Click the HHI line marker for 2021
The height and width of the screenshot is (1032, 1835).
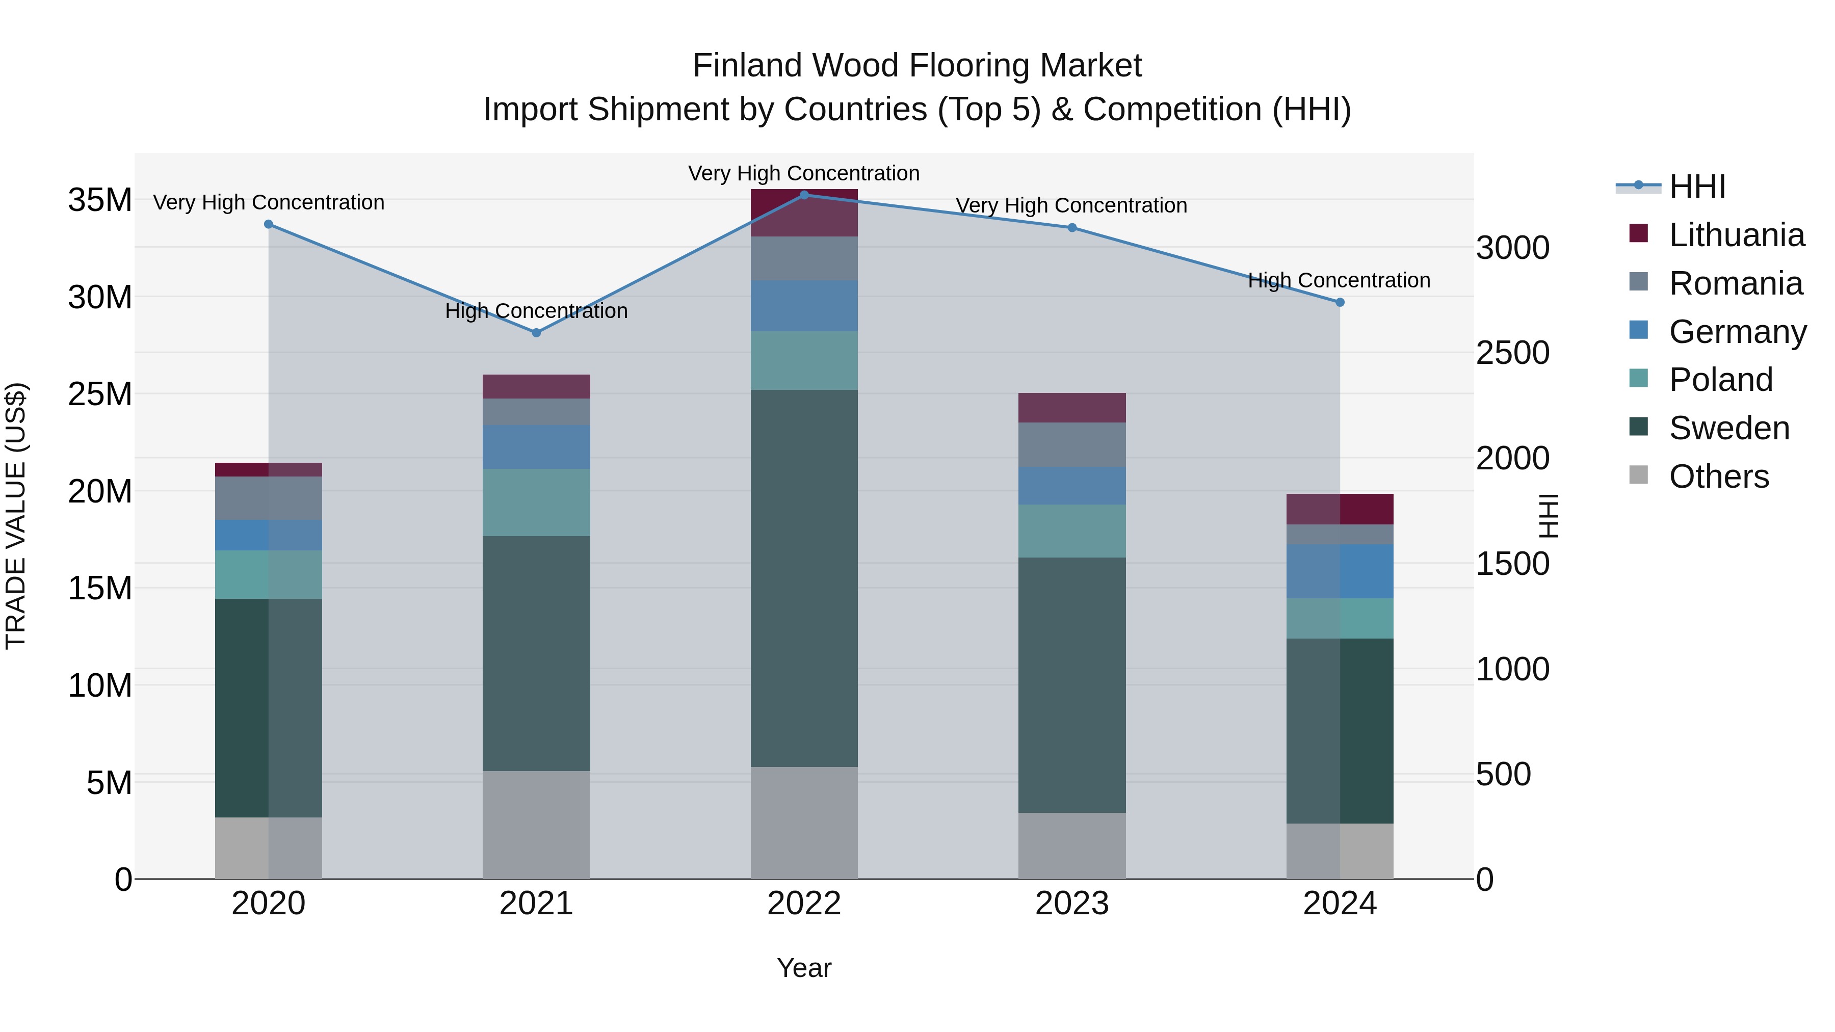536,333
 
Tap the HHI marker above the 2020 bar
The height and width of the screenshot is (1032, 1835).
269,224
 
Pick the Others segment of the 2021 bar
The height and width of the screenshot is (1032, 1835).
536,824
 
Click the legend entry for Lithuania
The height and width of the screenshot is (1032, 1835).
1736,235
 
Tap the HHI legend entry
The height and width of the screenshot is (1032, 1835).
1697,187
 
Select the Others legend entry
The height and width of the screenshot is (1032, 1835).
1718,477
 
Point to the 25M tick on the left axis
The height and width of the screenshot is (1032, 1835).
100,394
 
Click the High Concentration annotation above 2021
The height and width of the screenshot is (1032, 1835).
536,311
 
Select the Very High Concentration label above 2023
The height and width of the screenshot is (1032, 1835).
1071,206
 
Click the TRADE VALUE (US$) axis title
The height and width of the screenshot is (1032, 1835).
16,516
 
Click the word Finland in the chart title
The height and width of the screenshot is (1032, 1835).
747,66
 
